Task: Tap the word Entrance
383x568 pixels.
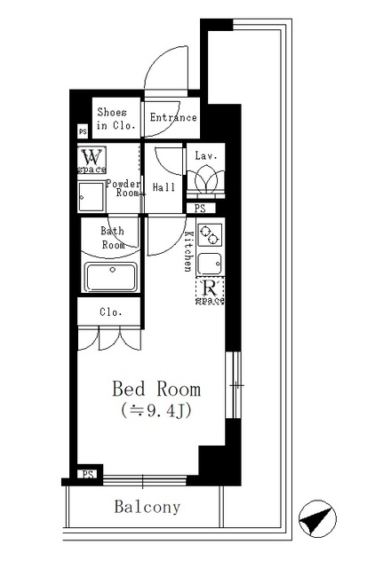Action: point(172,117)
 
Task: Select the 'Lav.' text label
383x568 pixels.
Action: point(205,155)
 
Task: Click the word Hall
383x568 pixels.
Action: point(164,187)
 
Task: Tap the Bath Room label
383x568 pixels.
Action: point(112,237)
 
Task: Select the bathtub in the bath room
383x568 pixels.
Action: point(109,278)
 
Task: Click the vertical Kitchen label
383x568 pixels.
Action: point(189,250)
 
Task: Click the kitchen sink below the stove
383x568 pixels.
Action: point(211,264)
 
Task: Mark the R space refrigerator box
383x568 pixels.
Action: point(211,290)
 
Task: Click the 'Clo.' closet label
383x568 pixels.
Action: point(110,312)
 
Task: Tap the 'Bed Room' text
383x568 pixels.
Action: point(156,389)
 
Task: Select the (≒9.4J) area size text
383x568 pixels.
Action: point(156,410)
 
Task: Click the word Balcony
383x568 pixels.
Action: point(147,508)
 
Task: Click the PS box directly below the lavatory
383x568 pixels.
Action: point(200,209)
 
